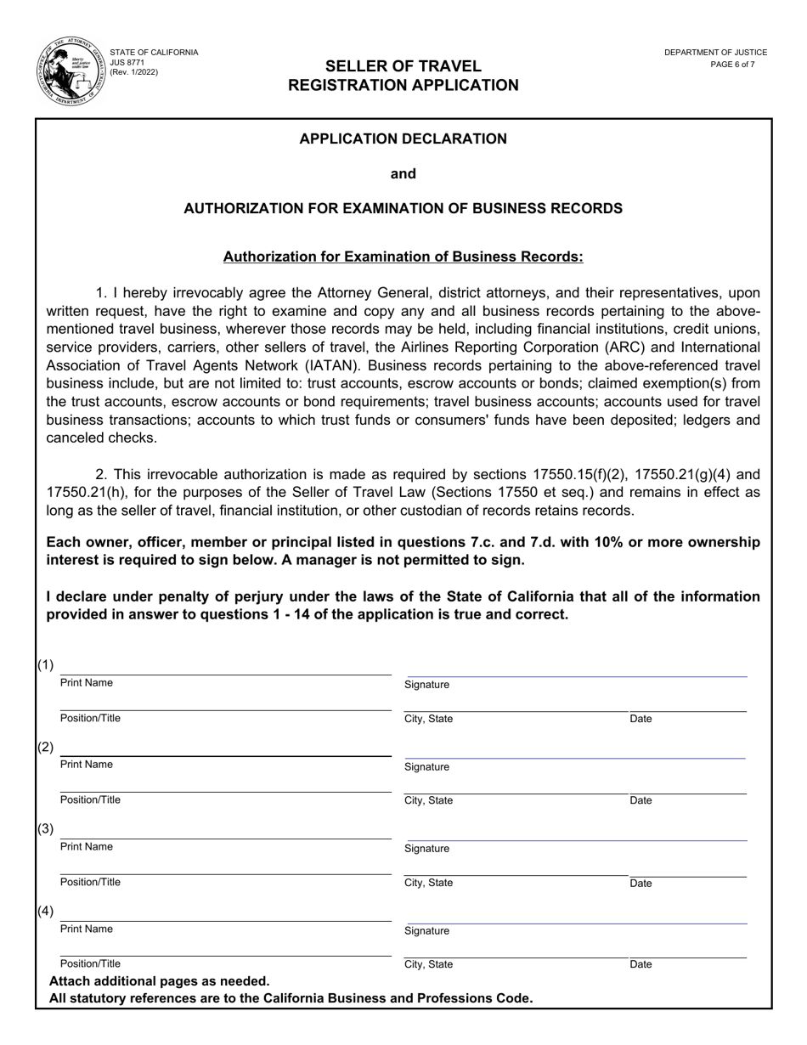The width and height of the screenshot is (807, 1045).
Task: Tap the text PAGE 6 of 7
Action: [x=732, y=65]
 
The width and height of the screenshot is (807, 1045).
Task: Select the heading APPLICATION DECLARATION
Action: [x=403, y=138]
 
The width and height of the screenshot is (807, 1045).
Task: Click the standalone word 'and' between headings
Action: [x=403, y=174]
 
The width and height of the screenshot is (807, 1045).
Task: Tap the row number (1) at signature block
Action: [x=45, y=664]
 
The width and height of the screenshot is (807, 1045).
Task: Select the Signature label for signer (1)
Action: [x=427, y=685]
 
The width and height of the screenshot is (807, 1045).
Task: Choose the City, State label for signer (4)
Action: [x=429, y=965]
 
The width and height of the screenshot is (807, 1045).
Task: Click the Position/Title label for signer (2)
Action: [x=90, y=800]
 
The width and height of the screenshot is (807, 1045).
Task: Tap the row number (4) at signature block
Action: [x=45, y=911]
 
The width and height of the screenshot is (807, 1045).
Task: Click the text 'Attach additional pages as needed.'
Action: [x=160, y=981]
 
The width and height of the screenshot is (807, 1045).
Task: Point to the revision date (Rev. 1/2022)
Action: [x=134, y=72]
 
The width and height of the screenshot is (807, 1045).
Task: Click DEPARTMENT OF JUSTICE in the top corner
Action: [x=715, y=53]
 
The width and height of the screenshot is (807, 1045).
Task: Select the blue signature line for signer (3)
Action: [x=576, y=840]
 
